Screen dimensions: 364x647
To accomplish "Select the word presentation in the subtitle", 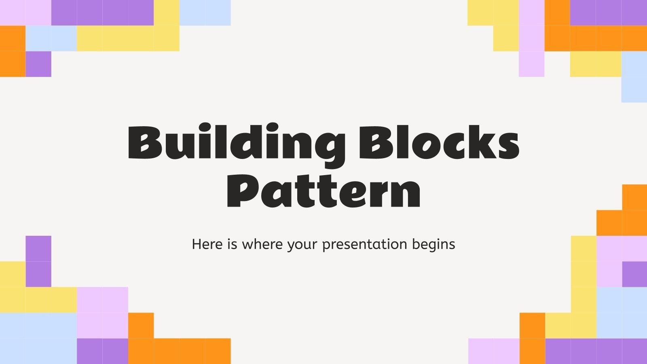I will (365, 245).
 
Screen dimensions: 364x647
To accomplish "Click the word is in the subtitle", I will (232, 244).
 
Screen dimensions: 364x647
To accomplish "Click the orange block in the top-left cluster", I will (13, 51).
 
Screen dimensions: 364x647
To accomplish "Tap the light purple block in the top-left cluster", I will (25, 12).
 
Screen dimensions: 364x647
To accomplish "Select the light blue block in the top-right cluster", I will (634, 77).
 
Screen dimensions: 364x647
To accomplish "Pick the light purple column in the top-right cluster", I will (531, 38).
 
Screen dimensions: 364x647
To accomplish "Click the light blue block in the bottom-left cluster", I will (38, 338).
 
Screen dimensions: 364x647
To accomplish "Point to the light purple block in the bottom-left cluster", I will (102, 311).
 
